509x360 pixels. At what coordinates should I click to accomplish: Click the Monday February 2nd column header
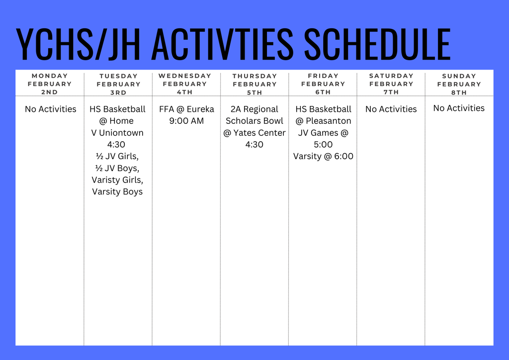(50, 84)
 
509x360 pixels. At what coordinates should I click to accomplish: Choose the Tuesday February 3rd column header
(118, 84)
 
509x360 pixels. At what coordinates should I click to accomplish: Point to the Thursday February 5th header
(254, 84)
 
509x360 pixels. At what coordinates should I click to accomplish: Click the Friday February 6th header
(323, 84)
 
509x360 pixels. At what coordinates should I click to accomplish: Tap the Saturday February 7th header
(391, 84)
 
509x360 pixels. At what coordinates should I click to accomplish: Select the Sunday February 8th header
(459, 84)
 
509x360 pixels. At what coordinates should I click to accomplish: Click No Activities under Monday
(51, 109)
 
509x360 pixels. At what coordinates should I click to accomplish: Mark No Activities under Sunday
(459, 108)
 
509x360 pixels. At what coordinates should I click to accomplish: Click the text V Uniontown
(117, 133)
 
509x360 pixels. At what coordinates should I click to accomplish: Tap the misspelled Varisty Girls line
(117, 180)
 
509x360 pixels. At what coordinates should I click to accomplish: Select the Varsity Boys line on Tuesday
(117, 191)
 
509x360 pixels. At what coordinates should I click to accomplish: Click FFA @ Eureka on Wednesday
(186, 109)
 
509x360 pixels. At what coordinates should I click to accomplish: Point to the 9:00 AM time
(186, 121)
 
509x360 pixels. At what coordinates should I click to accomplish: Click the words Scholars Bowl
(254, 121)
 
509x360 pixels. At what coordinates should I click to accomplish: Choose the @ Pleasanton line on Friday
(323, 121)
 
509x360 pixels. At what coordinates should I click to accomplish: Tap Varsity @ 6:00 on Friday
(323, 156)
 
